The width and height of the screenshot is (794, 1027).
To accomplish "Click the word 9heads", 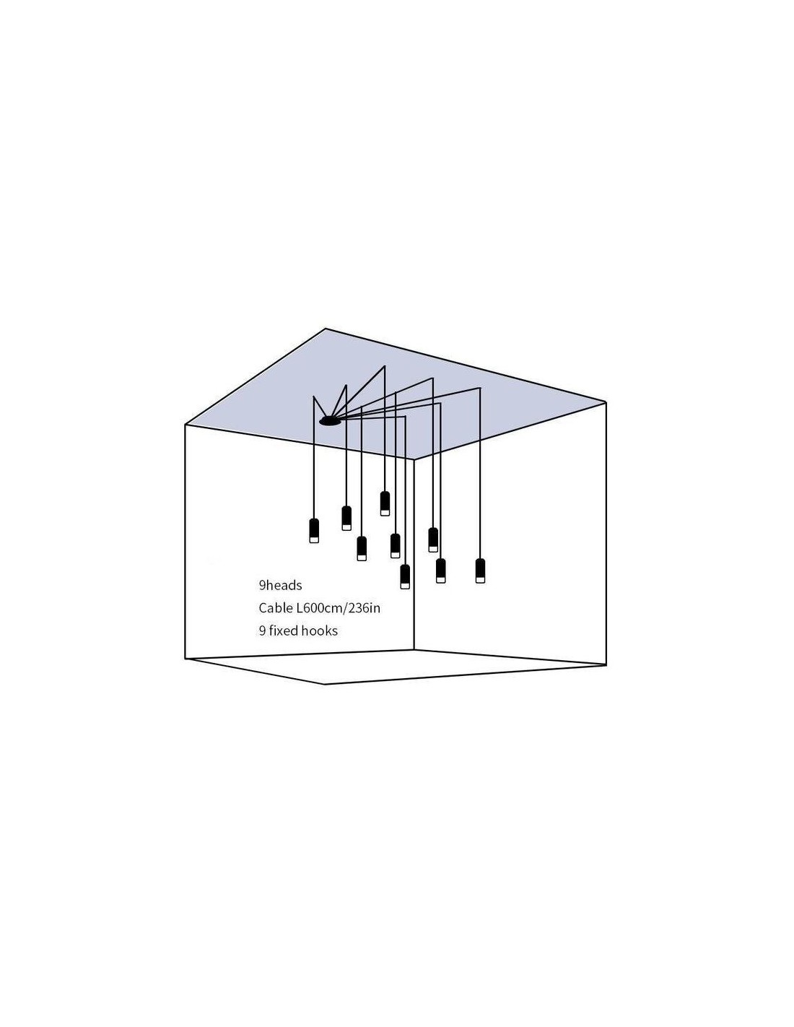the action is [x=280, y=586].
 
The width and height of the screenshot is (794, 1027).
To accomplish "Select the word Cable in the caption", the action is [x=275, y=608].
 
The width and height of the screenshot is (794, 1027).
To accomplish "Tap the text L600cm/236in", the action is [x=339, y=608].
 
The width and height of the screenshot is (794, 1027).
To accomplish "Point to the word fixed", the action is [x=284, y=630].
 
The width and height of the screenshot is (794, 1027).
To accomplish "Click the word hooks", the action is [x=320, y=630].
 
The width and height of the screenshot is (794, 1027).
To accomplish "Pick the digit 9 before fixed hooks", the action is [x=262, y=631].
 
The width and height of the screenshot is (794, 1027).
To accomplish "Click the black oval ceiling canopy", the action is [x=330, y=420].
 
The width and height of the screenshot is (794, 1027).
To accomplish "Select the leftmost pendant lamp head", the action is [x=314, y=530].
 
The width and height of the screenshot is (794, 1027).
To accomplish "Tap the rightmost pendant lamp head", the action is [x=480, y=571].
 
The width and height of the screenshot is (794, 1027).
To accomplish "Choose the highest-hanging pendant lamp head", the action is [x=385, y=503].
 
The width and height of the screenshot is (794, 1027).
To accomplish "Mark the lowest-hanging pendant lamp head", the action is [x=405, y=576].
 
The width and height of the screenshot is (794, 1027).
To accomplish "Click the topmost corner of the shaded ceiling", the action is [x=326, y=329].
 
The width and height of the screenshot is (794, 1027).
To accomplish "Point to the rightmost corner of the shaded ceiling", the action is [x=606, y=402].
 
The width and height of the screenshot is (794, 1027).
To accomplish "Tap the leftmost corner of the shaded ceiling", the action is [x=186, y=425].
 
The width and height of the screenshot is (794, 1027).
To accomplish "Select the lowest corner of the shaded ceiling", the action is [x=414, y=459].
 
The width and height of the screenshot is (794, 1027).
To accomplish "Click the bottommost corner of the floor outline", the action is [x=325, y=684].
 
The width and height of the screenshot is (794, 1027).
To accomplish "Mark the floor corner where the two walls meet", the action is [x=414, y=650].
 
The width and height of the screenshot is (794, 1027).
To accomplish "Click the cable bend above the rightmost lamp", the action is [x=480, y=389].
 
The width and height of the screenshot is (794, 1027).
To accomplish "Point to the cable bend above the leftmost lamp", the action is [x=314, y=396].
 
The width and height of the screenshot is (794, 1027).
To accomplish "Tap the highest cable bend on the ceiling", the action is [x=385, y=366].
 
